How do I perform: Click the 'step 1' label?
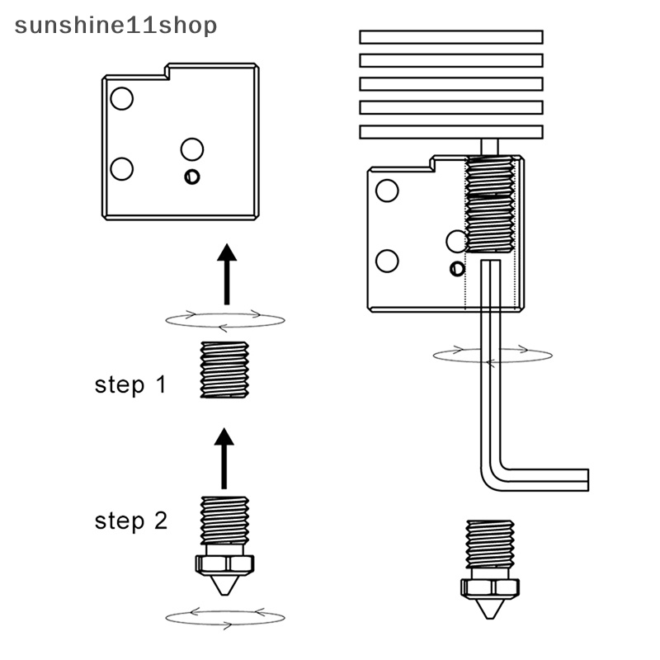(130, 384)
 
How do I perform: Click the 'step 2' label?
(130, 521)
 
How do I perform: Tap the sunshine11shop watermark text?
(115, 26)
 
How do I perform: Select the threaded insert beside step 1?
(224, 370)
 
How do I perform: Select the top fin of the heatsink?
(451, 37)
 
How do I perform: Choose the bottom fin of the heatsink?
(451, 131)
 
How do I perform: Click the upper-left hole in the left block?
(121, 99)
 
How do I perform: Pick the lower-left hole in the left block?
(121, 169)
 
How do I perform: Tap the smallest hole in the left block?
(192, 177)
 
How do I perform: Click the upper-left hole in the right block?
(387, 191)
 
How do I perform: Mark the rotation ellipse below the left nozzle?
(224, 616)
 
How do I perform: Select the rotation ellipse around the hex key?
(493, 355)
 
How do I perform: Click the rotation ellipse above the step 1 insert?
(224, 319)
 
